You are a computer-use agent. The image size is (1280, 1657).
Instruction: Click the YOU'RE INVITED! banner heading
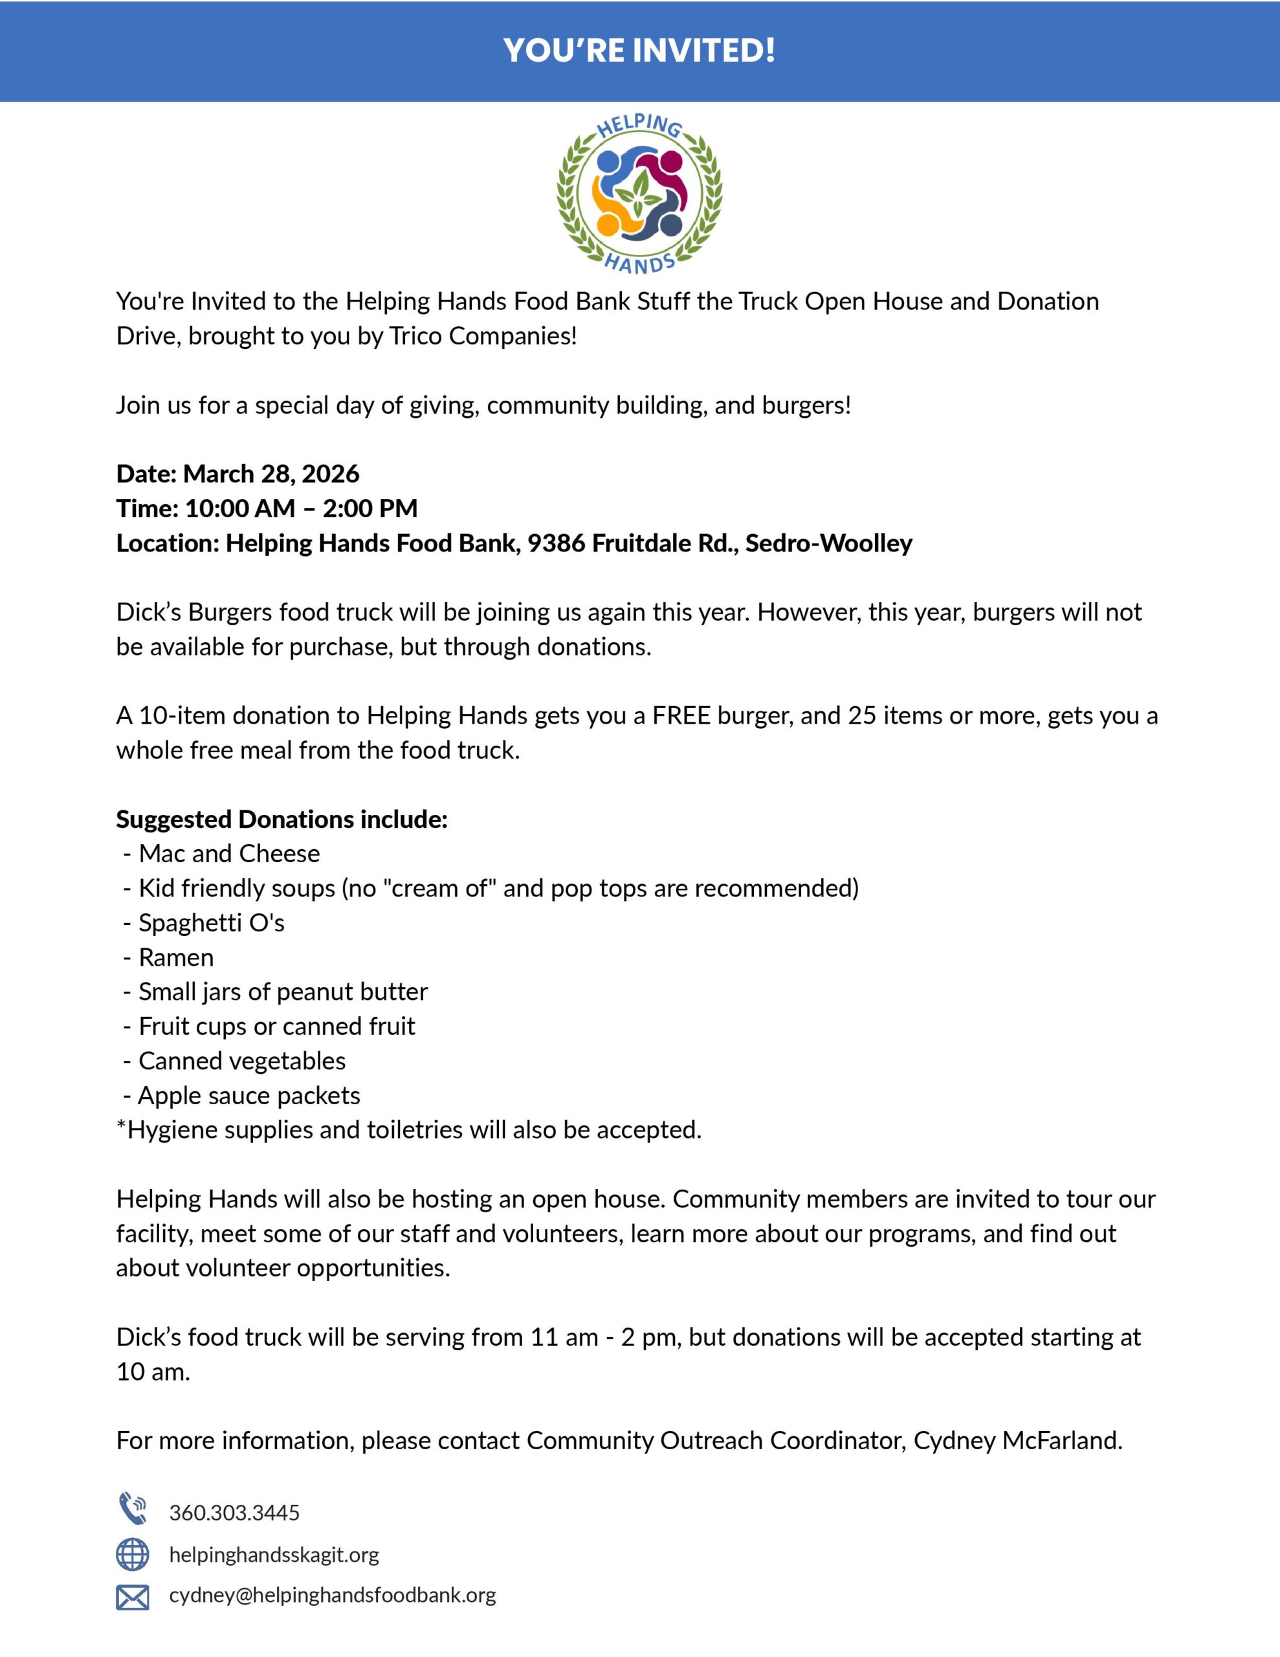639,51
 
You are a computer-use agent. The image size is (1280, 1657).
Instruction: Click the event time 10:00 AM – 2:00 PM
301,508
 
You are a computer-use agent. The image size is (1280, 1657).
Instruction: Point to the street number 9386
556,543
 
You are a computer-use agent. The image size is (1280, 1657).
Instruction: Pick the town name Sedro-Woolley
828,543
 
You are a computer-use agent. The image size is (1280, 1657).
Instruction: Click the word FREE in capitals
681,715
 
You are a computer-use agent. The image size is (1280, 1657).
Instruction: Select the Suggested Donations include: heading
281,819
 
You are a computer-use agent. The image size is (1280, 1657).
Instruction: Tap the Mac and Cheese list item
229,854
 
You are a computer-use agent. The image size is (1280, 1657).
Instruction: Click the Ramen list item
176,958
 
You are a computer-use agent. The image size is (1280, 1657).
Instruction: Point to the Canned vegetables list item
242,1062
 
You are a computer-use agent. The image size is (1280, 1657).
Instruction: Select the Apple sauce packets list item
249,1096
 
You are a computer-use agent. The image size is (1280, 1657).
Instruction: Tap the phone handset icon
132,1509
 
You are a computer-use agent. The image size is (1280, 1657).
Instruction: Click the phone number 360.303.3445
234,1513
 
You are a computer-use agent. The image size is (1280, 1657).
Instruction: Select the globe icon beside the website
132,1555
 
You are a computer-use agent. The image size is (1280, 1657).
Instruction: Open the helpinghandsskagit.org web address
274,1555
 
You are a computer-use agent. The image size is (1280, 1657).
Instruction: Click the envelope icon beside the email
132,1597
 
